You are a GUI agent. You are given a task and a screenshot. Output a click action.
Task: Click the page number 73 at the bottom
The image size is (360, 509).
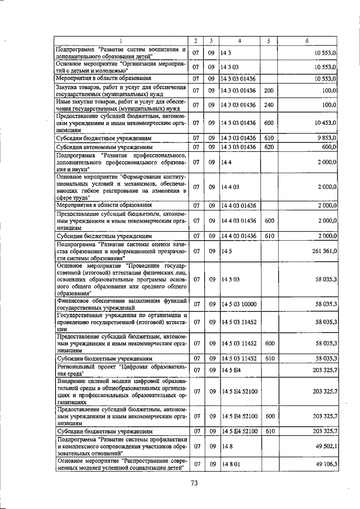pos(195,483)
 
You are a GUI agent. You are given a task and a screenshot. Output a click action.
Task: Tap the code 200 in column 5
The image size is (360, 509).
pos(268,90)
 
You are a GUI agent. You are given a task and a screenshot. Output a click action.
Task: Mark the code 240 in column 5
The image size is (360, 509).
pos(268,105)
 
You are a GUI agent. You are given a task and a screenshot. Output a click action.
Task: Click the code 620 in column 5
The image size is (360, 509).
pos(268,147)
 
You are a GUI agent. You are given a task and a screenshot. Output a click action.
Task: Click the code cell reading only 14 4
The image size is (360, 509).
pos(227,162)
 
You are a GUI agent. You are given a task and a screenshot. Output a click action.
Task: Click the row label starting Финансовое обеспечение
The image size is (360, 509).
pos(120,304)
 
